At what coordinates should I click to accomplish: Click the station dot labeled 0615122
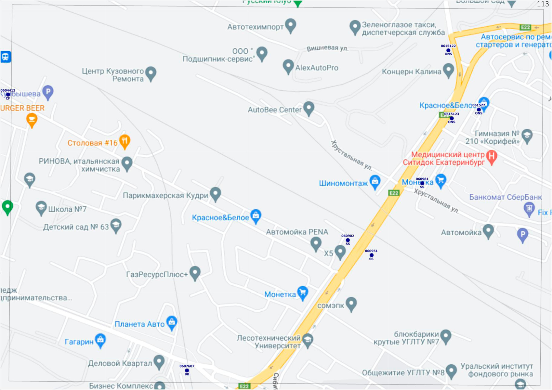[x=448, y=50]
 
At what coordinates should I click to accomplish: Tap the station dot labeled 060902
[x=348, y=240]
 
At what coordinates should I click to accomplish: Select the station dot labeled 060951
[x=371, y=255]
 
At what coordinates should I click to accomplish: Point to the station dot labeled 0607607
[x=187, y=370]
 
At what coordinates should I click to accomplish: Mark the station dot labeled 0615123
[x=452, y=118]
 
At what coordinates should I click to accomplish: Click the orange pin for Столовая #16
[x=125, y=141]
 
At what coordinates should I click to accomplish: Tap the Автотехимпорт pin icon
[x=290, y=25]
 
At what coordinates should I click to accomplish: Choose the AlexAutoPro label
[x=317, y=68]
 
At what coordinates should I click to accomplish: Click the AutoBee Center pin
[x=309, y=108]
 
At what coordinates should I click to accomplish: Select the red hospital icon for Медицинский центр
[x=492, y=157]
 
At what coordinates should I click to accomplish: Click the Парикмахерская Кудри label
[x=165, y=195]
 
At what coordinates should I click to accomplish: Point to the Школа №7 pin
[x=41, y=208]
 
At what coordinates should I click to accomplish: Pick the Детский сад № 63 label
[x=76, y=227]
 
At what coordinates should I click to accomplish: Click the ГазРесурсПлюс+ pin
[x=195, y=273]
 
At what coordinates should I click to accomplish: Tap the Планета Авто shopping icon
[x=172, y=322]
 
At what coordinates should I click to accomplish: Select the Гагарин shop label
[x=79, y=342]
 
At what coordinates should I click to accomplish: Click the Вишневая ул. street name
[x=327, y=48]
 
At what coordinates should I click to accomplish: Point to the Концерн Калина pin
[x=449, y=70]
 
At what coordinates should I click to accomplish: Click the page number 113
[x=543, y=4]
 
